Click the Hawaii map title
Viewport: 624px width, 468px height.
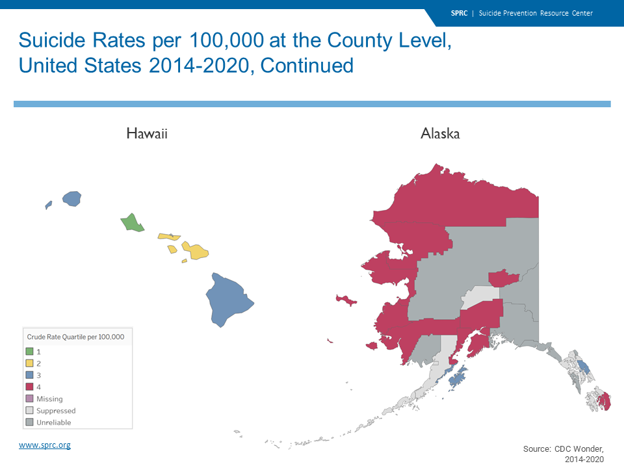(x=147, y=133)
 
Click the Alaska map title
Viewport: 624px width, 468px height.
(x=440, y=133)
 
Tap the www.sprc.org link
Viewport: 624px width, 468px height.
(x=45, y=445)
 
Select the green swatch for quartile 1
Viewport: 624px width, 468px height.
(x=29, y=352)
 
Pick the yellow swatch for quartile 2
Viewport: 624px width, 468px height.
(x=29, y=363)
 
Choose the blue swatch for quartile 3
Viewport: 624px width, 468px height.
(x=29, y=375)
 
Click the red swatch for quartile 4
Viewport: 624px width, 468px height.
(x=29, y=386)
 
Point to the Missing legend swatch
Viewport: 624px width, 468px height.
(x=29, y=398)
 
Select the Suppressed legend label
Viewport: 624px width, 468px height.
(x=56, y=411)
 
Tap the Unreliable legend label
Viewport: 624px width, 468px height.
(x=54, y=422)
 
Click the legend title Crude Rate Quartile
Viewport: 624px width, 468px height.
(x=75, y=337)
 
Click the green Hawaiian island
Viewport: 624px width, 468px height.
(x=132, y=223)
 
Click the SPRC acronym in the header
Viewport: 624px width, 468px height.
(x=460, y=13)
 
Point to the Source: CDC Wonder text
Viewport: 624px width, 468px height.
(x=564, y=449)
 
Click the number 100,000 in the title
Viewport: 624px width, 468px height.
(x=226, y=40)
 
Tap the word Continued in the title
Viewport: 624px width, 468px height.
(x=307, y=66)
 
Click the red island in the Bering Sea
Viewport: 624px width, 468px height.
(x=346, y=300)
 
